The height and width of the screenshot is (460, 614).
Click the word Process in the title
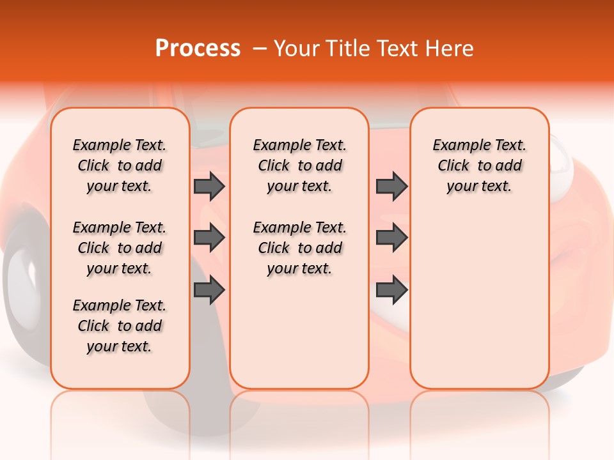tap(198, 49)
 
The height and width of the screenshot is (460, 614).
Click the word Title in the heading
tap(349, 49)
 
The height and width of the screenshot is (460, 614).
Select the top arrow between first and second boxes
tap(209, 186)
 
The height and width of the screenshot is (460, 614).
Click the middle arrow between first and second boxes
tap(209, 238)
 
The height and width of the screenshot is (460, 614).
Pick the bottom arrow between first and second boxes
tap(209, 290)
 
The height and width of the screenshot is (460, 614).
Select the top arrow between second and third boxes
tap(391, 186)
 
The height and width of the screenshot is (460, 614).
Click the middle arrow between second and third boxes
tap(391, 238)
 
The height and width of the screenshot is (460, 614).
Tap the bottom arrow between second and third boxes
tap(391, 290)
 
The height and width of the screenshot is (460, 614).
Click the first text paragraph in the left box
tap(120, 165)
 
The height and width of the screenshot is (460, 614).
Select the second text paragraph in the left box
tap(120, 248)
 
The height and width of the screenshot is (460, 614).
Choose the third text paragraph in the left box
tap(120, 326)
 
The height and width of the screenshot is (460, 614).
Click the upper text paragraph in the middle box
tap(299, 165)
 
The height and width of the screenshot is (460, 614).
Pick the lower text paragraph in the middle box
tap(299, 248)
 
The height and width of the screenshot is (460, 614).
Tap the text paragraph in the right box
tap(479, 165)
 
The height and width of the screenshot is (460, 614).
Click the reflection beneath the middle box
tap(299, 415)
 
